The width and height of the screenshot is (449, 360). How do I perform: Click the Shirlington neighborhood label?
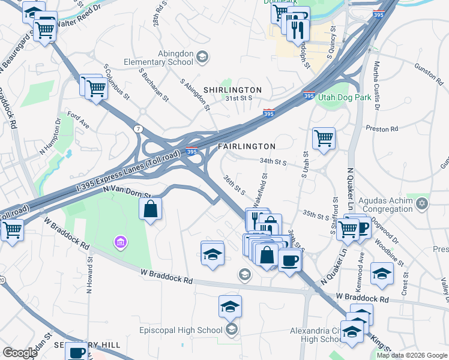pos(232,90)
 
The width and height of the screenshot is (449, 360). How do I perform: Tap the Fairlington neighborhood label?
pos(246,146)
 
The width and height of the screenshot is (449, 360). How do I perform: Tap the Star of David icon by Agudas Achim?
pos(422,203)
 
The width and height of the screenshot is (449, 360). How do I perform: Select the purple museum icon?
pos(121,242)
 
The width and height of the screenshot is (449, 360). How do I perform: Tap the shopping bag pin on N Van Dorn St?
pos(151,209)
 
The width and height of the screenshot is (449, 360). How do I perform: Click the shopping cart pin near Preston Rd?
pos(324,138)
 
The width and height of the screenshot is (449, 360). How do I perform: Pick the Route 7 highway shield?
pos(139,128)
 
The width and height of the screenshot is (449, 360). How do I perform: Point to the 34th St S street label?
pos(274,161)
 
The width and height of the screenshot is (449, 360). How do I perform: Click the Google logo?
pos(20,353)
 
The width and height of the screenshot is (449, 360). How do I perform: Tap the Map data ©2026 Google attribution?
pos(411,355)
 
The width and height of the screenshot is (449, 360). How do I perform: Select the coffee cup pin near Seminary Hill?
pos(76,353)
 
